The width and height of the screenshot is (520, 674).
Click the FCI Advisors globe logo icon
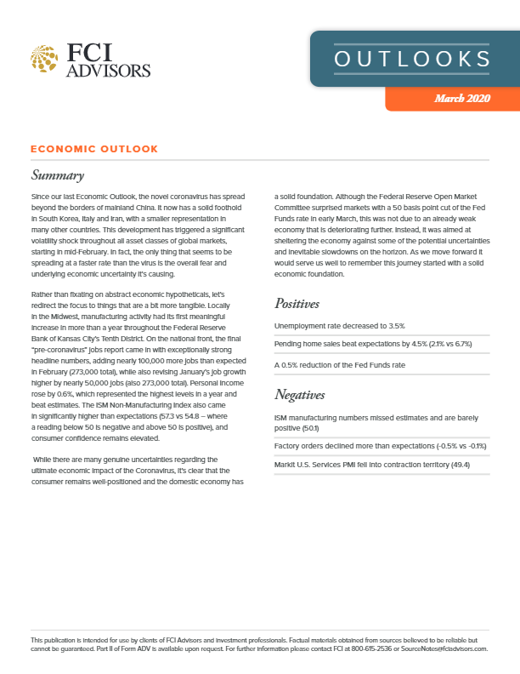(43, 59)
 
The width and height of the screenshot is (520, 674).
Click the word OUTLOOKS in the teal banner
(412, 59)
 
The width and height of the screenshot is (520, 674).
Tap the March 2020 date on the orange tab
(462, 100)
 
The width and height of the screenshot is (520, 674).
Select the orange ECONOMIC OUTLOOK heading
(93, 149)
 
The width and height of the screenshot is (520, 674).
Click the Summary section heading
(57, 176)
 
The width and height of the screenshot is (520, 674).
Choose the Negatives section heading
(305, 394)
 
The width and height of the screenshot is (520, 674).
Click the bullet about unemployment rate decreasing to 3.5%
(339, 326)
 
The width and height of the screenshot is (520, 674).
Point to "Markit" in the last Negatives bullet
(286, 463)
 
